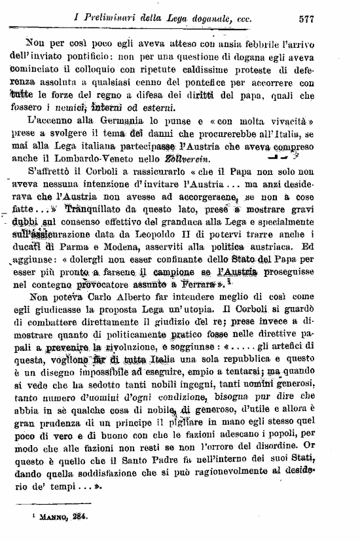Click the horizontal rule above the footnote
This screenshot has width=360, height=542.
[65, 505]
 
